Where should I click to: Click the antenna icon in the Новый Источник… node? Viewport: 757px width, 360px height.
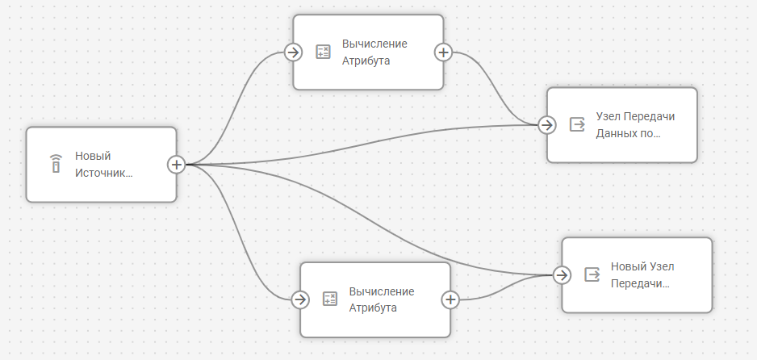56,164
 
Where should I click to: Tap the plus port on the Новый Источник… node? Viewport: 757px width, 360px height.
176,165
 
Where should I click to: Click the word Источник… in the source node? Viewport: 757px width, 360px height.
103,172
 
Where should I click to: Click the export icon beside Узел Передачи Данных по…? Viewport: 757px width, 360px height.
577,124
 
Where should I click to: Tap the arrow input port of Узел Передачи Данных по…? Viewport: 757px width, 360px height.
546,125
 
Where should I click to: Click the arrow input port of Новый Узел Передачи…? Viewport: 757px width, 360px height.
562,274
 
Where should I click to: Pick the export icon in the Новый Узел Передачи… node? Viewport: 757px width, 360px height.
592,274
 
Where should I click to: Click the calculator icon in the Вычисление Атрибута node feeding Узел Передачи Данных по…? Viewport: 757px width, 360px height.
323,52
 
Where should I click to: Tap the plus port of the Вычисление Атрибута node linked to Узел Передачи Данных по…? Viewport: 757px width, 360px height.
443,52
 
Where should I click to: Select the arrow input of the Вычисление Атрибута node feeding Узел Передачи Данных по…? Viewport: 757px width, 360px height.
292,52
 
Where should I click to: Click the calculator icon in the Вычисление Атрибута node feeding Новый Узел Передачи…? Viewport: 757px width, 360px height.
329,299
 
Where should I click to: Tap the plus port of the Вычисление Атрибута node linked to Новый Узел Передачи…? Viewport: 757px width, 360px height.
450,299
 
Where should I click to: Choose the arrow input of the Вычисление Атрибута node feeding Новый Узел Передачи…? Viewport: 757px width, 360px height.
299,299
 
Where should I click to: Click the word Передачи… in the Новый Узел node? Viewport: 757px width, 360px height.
641,283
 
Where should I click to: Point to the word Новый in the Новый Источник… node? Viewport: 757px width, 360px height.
93,156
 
